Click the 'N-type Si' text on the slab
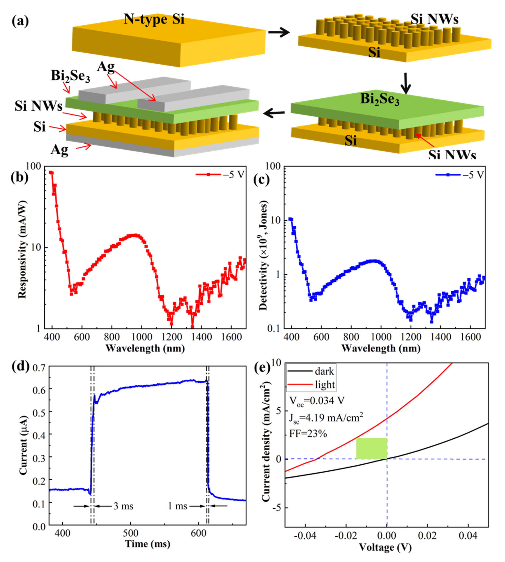[154, 20]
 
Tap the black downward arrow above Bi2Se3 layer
[406, 83]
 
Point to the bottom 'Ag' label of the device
[59, 150]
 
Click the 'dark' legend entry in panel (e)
[311, 371]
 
